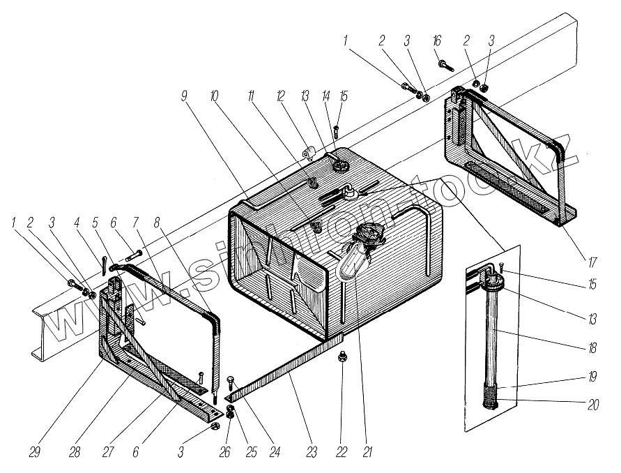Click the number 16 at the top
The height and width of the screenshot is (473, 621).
438,41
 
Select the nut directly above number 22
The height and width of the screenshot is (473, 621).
342,358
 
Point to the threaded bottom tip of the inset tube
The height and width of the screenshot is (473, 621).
496,404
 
